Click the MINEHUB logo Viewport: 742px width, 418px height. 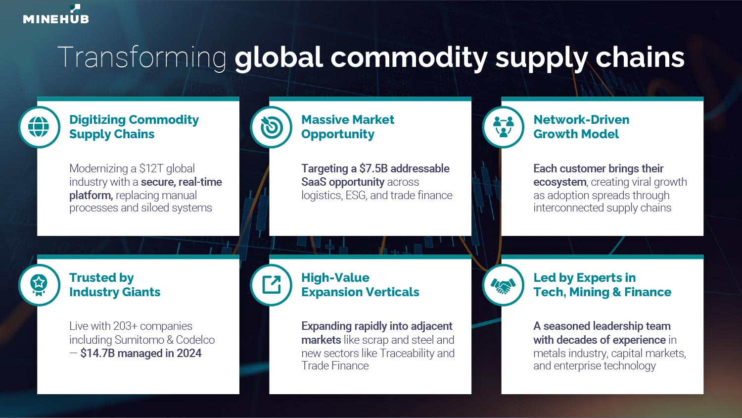pos(56,14)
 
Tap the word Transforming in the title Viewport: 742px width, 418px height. pos(142,58)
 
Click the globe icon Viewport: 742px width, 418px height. pos(39,127)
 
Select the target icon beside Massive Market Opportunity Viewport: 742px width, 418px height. pos(271,127)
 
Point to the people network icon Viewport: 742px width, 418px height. pos(503,127)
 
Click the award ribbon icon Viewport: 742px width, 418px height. pos(39,285)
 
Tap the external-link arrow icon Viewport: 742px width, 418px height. pos(271,285)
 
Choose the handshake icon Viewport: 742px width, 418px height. pos(503,285)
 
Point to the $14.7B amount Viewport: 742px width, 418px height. pos(97,353)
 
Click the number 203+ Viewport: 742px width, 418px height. pos(125,326)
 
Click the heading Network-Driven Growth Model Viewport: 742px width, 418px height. pos(581,127)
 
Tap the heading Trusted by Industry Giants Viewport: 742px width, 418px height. pos(115,285)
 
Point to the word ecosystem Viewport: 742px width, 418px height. pos(560,182)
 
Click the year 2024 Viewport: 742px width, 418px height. pos(189,353)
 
